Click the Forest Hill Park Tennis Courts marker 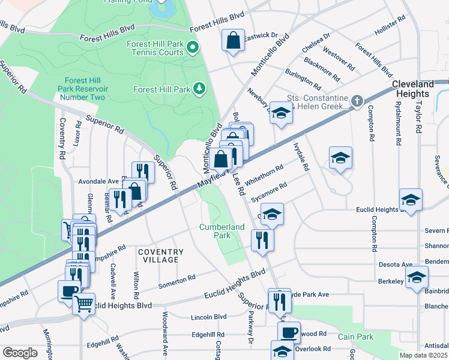193,47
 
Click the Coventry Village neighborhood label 159,256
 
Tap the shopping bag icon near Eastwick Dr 233,41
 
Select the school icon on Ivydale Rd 340,157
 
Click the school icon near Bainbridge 417,277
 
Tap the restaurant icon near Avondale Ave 143,172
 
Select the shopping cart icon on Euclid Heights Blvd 84,304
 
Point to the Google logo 20,353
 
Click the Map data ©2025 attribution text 423,355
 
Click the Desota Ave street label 396,264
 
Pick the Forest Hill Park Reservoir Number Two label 82,89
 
